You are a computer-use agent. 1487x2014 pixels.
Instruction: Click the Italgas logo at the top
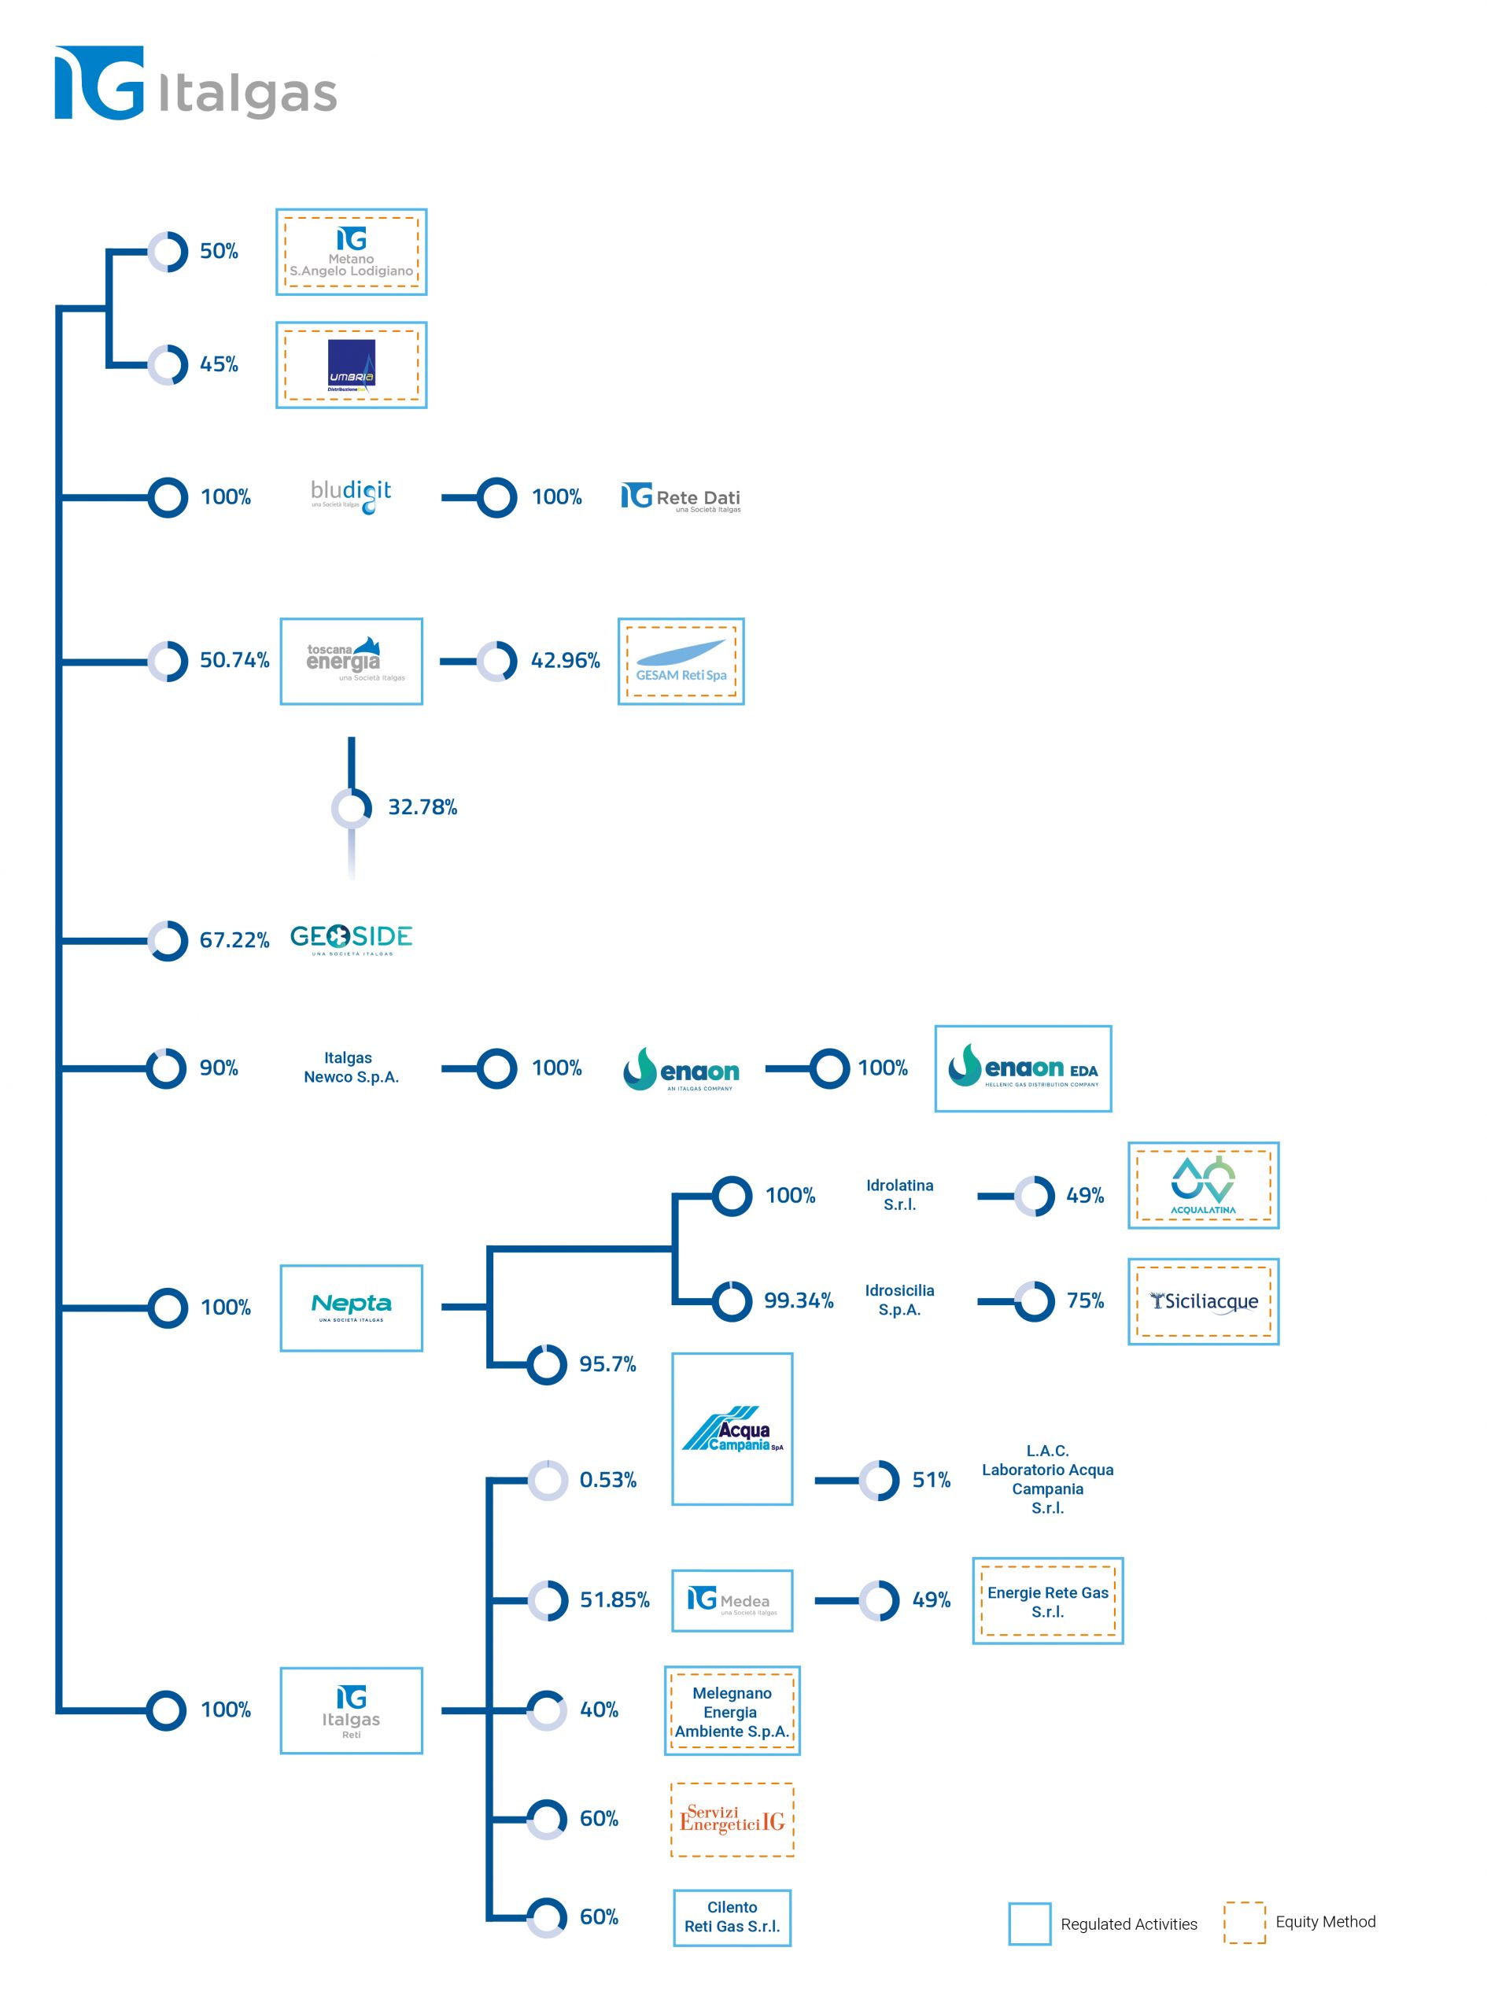(195, 83)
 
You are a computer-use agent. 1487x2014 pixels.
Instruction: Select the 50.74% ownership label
(234, 661)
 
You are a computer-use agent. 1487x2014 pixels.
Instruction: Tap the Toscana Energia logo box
(351, 662)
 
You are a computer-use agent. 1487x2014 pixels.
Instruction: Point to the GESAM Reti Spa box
(681, 662)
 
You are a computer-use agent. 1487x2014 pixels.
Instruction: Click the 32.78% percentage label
(422, 807)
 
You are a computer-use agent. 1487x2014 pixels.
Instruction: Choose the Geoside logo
(351, 939)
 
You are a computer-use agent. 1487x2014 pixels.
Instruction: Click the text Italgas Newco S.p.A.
(351, 1068)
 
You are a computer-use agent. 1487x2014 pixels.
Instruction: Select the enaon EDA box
(1023, 1068)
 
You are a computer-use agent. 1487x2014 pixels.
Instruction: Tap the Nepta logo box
(351, 1308)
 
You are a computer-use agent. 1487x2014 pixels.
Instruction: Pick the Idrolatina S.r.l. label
(899, 1195)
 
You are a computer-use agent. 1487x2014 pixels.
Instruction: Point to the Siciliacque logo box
(1202, 1301)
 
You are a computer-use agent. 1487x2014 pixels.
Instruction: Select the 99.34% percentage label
(799, 1300)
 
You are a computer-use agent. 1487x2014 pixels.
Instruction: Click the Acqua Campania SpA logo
(732, 1429)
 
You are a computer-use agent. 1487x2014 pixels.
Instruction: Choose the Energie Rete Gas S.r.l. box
(1048, 1601)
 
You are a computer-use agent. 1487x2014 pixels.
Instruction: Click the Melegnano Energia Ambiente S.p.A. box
(732, 1711)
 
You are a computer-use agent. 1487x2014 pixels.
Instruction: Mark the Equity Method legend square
(1244, 1922)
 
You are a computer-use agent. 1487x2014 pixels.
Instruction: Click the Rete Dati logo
(681, 498)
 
